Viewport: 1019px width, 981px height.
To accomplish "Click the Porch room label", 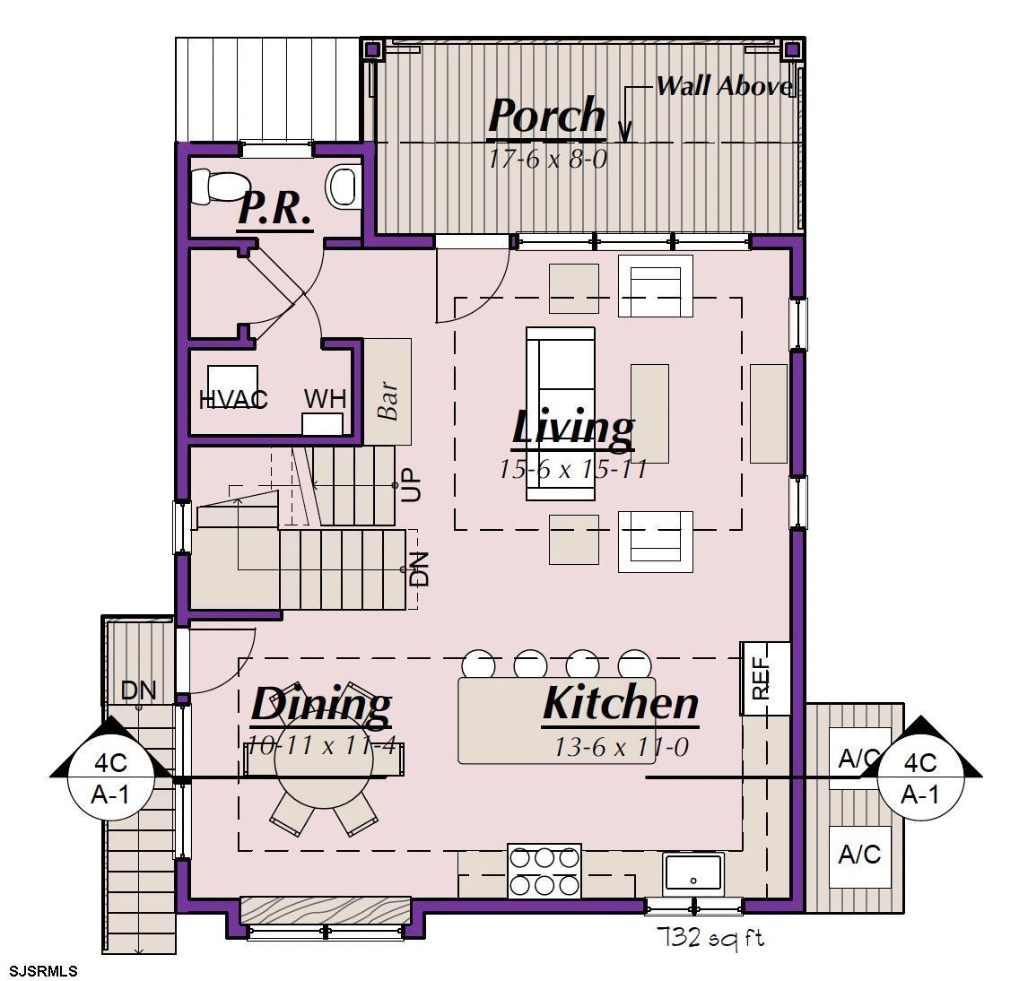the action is tap(546, 116).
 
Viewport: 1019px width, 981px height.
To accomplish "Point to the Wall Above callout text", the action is tap(724, 86).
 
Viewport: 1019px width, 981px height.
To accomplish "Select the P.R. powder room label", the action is tap(274, 209).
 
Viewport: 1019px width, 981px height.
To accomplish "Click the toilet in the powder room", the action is tap(218, 186).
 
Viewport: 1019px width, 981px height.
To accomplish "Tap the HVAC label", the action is tap(233, 399).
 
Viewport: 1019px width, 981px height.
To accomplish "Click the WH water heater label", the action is tap(325, 398).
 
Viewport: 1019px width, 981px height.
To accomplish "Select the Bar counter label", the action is tap(388, 401).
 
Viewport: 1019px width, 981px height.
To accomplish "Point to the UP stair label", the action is tap(412, 485).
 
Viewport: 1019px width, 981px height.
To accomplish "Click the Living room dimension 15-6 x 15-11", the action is tap(572, 469).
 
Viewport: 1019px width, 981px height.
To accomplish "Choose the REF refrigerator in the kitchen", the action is tap(765, 678).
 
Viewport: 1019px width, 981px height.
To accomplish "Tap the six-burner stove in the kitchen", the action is tap(544, 871).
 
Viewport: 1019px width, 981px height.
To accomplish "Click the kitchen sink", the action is tap(693, 872).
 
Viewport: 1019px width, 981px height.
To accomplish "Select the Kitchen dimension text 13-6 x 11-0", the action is tap(621, 747).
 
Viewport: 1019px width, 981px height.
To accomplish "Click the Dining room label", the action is tap(321, 704).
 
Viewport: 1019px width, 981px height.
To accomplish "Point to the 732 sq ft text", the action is tap(711, 937).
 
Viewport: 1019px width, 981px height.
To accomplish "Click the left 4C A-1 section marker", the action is tap(110, 778).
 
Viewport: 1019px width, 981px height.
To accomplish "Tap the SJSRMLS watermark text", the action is tap(39, 971).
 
